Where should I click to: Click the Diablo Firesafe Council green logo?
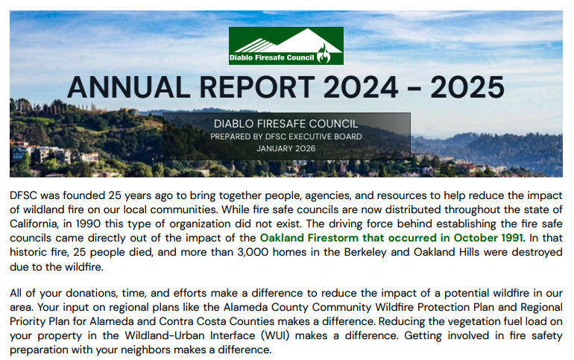[286, 45]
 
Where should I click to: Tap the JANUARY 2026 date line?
[286, 148]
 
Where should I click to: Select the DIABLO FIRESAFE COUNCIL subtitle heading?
[286, 123]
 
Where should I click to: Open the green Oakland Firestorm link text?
[392, 239]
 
